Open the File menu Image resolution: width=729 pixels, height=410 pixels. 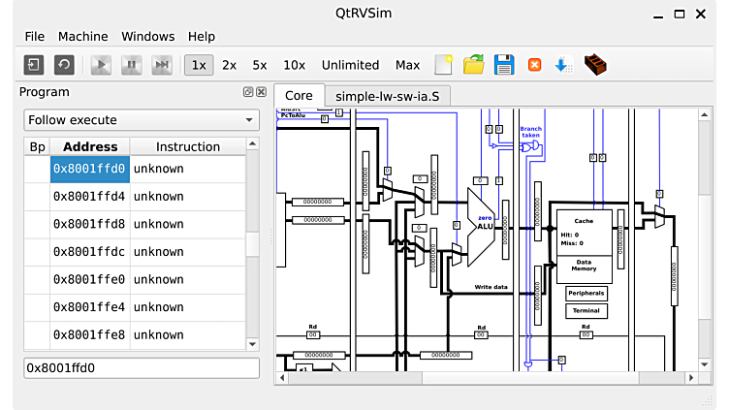tap(35, 37)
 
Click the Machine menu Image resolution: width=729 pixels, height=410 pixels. tap(82, 37)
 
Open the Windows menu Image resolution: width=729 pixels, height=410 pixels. tap(148, 37)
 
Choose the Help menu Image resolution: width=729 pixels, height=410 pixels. tap(202, 37)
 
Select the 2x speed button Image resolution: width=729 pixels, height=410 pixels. tap(229, 65)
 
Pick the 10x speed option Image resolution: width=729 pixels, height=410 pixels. tap(294, 65)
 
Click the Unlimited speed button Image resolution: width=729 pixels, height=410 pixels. tap(350, 65)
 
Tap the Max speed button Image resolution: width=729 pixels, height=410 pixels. tap(408, 65)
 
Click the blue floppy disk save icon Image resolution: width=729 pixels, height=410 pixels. tap(504, 65)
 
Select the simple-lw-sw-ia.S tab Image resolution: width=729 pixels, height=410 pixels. tap(388, 96)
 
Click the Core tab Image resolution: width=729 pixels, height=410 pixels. tap(299, 96)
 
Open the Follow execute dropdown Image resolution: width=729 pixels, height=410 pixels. tap(142, 120)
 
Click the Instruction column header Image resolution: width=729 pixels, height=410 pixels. tap(188, 147)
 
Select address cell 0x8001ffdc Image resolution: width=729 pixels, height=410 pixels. tap(89, 252)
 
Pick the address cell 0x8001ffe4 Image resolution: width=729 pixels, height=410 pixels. tap(89, 307)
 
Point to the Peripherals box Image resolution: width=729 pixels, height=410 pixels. tap(586, 293)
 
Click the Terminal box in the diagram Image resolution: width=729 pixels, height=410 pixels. tap(586, 311)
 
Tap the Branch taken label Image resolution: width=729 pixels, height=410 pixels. tap(531, 133)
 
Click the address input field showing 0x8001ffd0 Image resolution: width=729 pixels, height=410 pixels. tap(142, 368)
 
